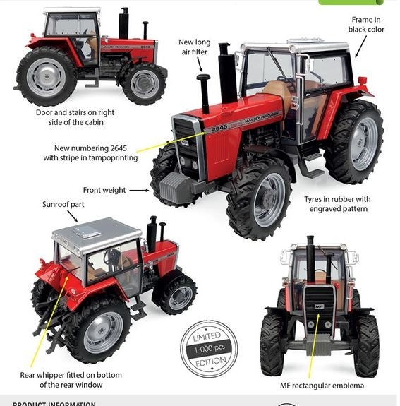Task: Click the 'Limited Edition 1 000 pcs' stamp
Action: click(208, 348)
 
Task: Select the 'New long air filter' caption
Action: click(194, 47)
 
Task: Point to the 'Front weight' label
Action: click(104, 190)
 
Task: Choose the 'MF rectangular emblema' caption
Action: click(322, 385)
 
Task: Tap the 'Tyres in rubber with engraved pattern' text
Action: click(337, 204)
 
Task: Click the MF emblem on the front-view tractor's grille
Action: click(320, 306)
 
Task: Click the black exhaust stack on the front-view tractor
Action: click(310, 258)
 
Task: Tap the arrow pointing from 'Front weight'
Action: click(139, 190)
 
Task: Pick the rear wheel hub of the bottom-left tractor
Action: click(102, 332)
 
